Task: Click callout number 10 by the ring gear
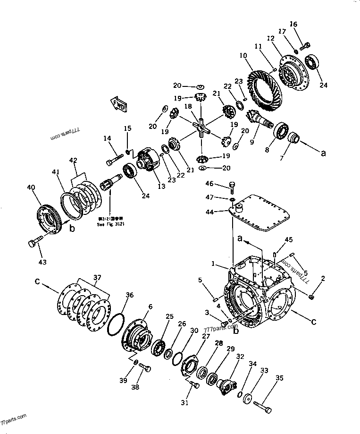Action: click(243, 56)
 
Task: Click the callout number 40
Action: click(31, 188)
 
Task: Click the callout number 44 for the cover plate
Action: click(209, 213)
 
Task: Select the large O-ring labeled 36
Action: click(115, 324)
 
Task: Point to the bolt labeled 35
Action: click(262, 404)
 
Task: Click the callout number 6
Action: click(150, 306)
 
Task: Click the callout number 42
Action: click(73, 160)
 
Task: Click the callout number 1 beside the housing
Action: click(213, 264)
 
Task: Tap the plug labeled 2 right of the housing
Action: click(311, 297)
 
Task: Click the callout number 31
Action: click(184, 402)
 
